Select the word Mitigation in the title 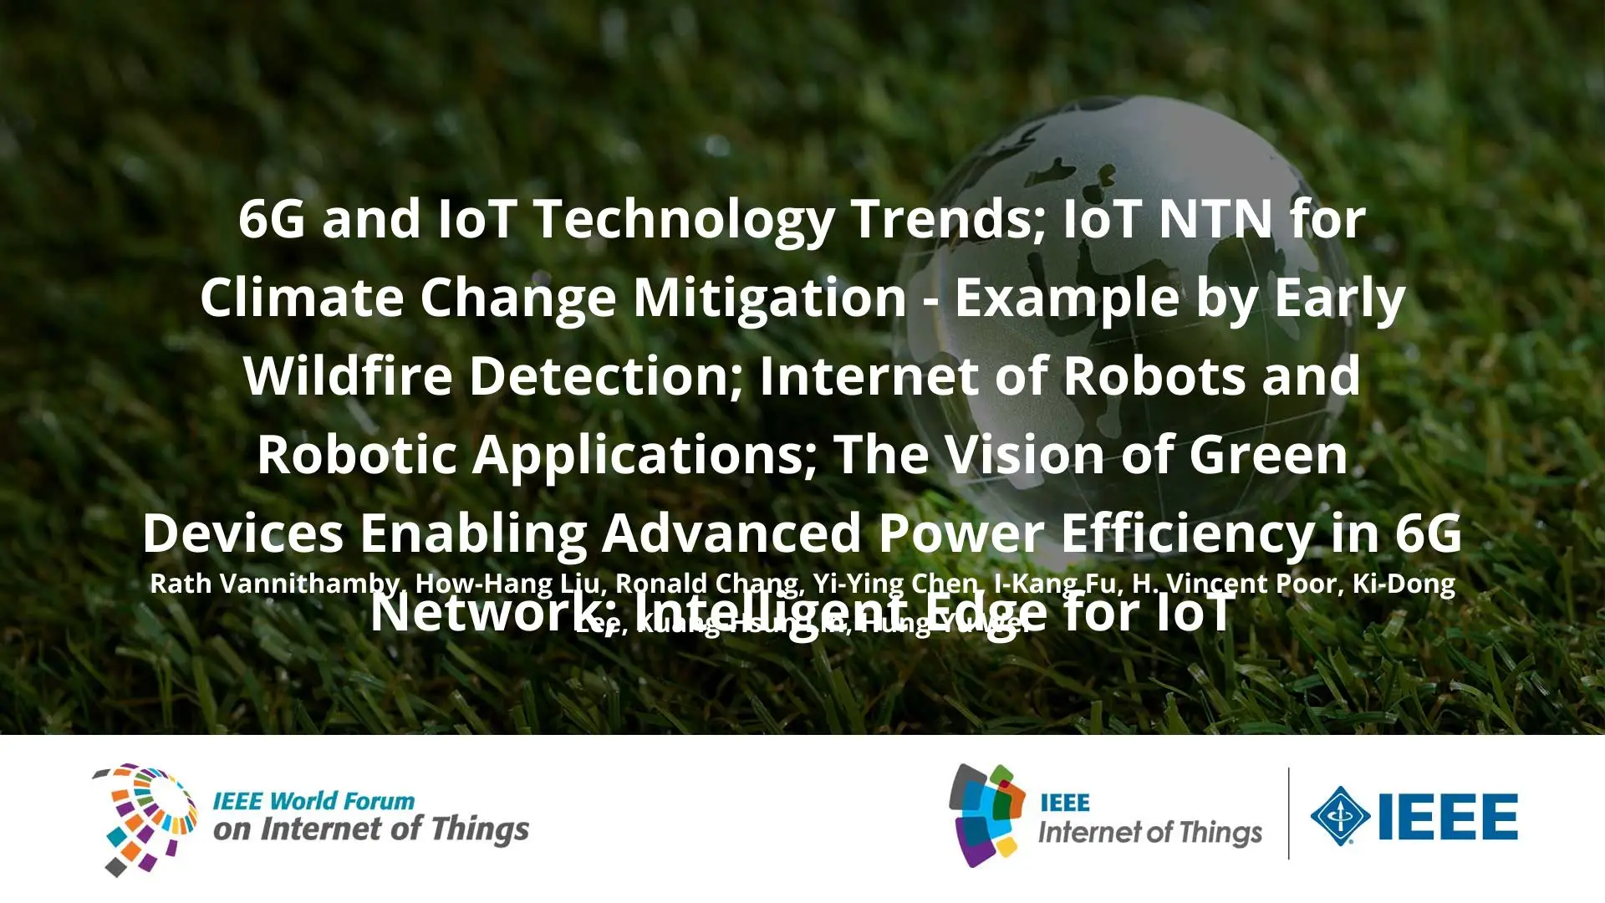770,298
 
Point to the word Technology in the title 683,219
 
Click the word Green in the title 1268,455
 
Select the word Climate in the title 302,298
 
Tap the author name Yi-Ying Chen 895,584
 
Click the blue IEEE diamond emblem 1340,815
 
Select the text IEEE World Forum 313,801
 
